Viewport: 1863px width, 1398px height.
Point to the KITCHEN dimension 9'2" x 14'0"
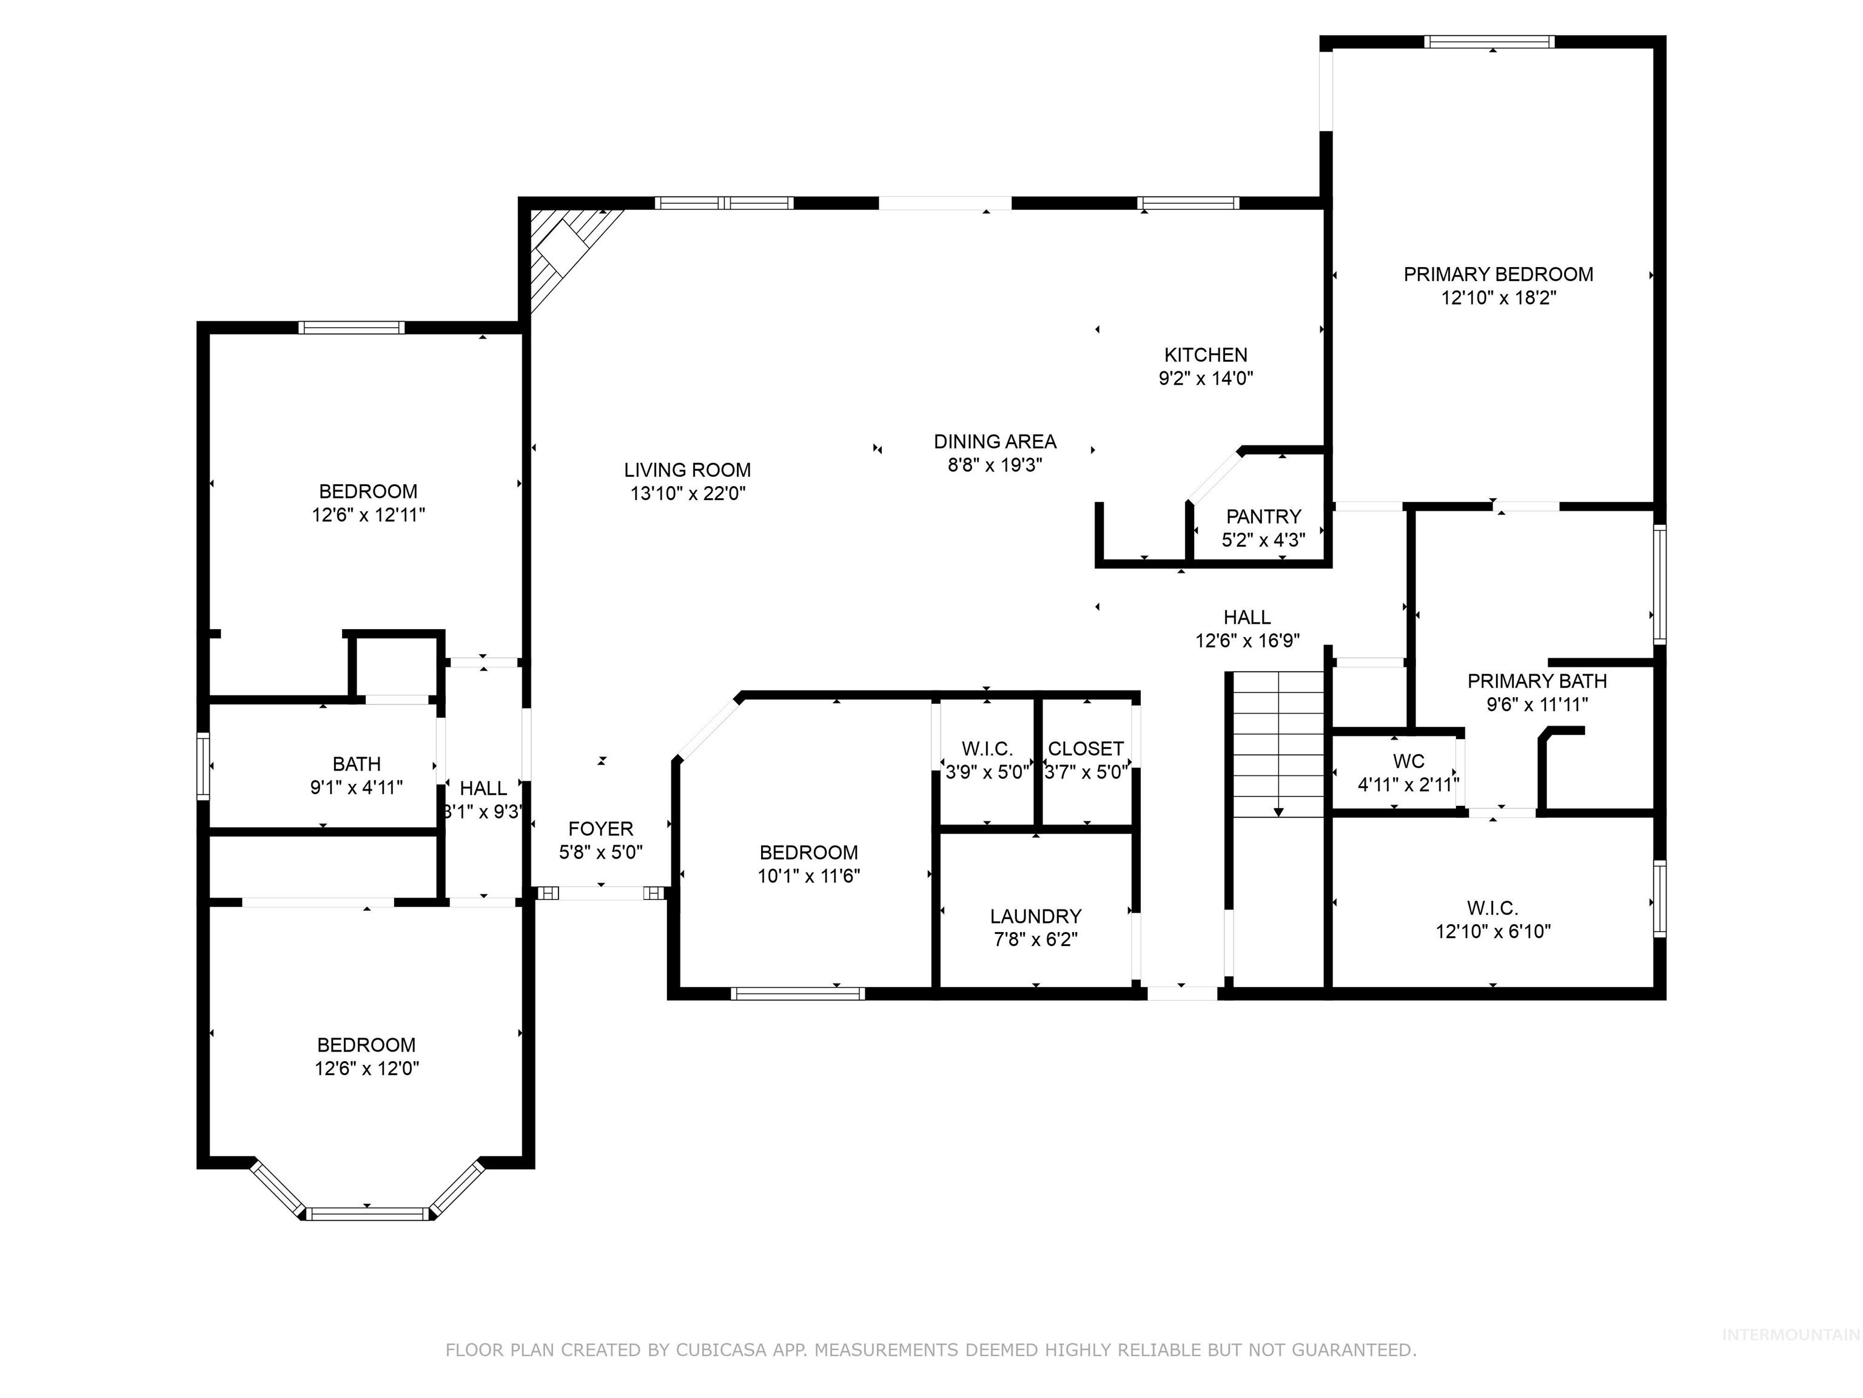click(1205, 379)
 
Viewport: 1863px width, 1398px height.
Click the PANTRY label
click(1263, 516)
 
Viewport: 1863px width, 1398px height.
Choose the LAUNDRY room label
click(1035, 916)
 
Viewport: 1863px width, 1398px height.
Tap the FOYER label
click(600, 828)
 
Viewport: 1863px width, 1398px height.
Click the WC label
click(1408, 761)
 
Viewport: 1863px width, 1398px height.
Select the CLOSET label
click(1086, 748)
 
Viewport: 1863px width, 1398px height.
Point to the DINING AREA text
click(995, 441)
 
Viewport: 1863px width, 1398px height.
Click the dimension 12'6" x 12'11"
click(368, 515)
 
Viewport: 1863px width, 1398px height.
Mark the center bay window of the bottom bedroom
click(368, 1214)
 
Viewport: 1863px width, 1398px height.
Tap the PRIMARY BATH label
click(1536, 681)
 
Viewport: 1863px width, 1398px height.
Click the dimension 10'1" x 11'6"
click(808, 876)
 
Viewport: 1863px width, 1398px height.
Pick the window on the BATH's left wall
click(202, 766)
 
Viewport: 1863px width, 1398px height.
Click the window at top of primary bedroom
click(1489, 41)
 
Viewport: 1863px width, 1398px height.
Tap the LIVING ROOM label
click(687, 470)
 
